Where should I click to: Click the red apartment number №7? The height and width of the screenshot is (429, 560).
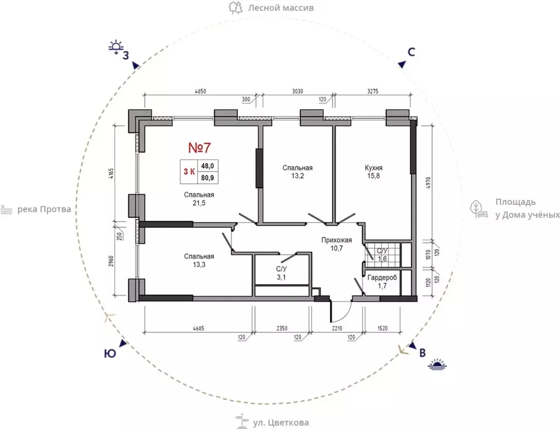(200, 147)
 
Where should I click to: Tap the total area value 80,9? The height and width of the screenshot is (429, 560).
(208, 178)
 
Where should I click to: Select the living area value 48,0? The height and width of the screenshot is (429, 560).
(208, 166)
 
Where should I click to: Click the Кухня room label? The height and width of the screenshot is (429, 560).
(374, 168)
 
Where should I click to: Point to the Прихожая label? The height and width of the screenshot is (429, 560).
(337, 240)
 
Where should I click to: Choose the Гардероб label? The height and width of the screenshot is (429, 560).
(382, 277)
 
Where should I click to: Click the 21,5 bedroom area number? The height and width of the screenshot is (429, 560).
(199, 203)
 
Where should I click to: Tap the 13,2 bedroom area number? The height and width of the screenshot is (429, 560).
(298, 176)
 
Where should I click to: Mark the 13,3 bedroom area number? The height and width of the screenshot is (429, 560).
(199, 265)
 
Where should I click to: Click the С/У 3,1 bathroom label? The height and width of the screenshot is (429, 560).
(281, 273)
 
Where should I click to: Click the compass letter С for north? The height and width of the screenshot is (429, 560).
(411, 52)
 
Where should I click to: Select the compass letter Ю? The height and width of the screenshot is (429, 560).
(110, 354)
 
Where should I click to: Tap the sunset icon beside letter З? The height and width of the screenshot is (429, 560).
(116, 47)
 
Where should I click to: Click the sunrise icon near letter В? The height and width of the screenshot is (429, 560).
(438, 364)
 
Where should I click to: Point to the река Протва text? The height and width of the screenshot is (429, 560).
(44, 209)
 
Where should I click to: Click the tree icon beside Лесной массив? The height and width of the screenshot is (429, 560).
(236, 7)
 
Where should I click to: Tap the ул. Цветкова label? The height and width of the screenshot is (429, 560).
(281, 423)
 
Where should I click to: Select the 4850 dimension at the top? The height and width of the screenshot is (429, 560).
(200, 92)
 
